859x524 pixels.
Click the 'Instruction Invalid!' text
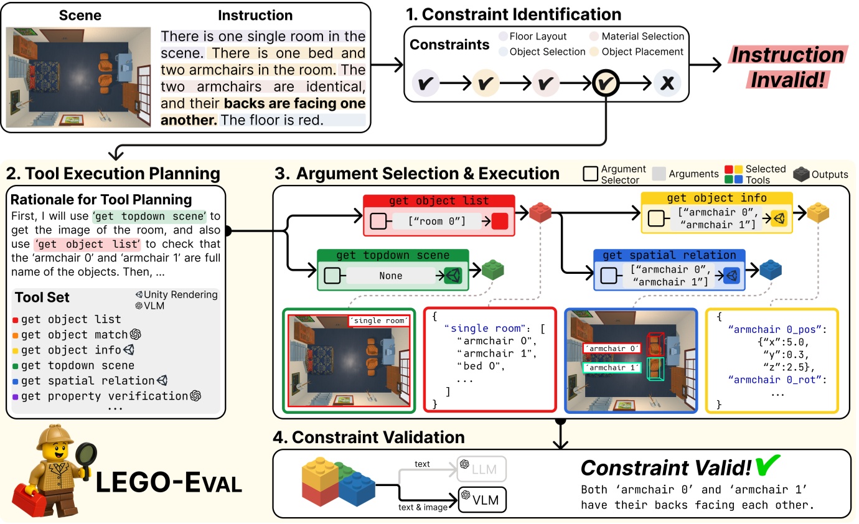click(787, 67)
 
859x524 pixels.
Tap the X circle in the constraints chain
click(667, 83)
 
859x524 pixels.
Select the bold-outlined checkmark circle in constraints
click(606, 83)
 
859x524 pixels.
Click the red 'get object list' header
click(439, 201)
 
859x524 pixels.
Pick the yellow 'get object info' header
click(716, 198)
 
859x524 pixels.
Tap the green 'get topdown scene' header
click(392, 256)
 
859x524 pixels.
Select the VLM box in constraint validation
click(482, 500)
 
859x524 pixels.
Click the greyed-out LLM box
click(482, 468)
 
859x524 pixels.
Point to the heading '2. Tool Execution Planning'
click(112, 173)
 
